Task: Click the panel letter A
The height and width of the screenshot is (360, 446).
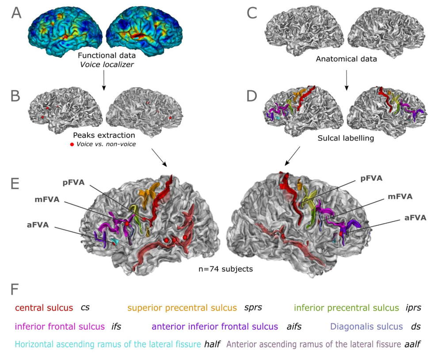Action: point(16,13)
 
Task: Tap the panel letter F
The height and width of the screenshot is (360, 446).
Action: point(15,289)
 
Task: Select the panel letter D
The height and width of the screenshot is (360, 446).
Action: point(252,96)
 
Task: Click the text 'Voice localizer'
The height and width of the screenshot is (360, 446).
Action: point(107,64)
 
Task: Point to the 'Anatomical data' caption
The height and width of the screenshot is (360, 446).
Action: point(346,59)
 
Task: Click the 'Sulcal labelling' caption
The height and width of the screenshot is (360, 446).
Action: point(346,138)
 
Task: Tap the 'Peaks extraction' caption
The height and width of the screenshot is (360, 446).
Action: point(104,135)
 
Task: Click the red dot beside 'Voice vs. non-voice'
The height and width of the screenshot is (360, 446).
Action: point(72,144)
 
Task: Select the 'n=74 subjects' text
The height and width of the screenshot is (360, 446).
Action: point(225,269)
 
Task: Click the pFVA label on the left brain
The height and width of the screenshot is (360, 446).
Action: point(74,182)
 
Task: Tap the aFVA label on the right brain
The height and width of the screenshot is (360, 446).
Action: point(416,218)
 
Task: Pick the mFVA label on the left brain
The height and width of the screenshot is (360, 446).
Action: point(47,200)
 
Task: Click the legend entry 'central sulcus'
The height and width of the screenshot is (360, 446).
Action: point(44,308)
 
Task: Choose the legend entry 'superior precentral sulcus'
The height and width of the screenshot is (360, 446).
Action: point(182,308)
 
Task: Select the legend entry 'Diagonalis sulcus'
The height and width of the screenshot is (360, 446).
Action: point(366,326)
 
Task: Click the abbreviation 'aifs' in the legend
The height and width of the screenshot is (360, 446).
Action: point(294,326)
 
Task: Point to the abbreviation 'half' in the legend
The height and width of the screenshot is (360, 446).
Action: point(212,344)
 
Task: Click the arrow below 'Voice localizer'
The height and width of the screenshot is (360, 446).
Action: point(104,80)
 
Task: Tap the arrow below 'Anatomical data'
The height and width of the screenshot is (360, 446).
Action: point(347,80)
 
